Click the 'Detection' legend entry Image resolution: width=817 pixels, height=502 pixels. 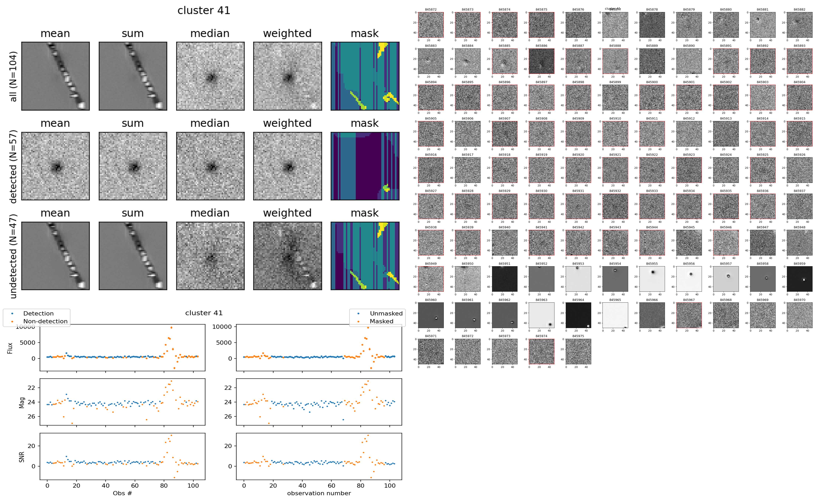pos(38,313)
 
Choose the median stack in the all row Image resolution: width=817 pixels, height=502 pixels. pos(210,76)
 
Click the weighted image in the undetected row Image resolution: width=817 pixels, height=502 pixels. pos(287,256)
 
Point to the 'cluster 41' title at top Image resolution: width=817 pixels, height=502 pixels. pos(204,11)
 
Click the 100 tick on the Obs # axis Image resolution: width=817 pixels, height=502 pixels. pos(193,485)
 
